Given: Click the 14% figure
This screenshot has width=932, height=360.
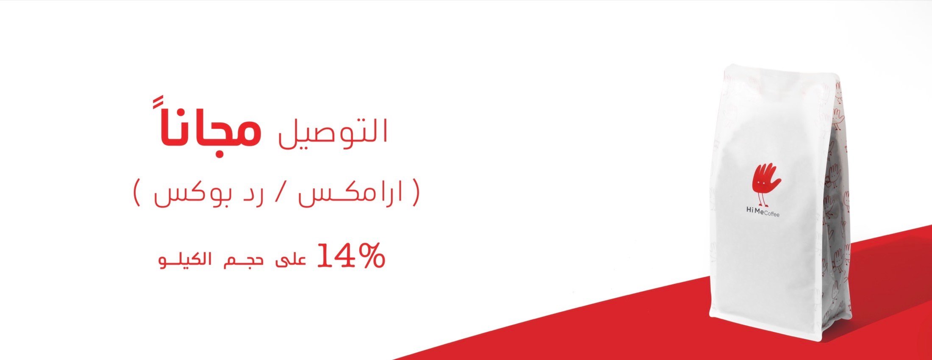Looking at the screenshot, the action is [351, 256].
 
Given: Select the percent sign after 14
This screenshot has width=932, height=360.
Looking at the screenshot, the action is [371, 256].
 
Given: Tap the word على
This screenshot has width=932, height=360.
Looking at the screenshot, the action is [291, 259].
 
